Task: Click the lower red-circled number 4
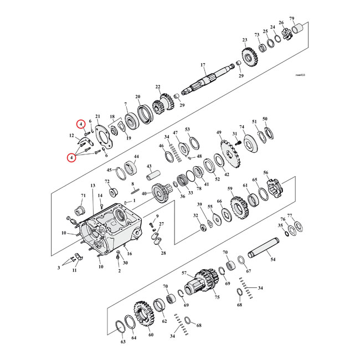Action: pos(71,158)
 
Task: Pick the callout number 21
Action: pos(97,116)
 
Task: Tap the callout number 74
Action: pos(241,127)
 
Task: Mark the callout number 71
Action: pos(84,196)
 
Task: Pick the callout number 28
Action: pos(163,253)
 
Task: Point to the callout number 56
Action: pos(266,173)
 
